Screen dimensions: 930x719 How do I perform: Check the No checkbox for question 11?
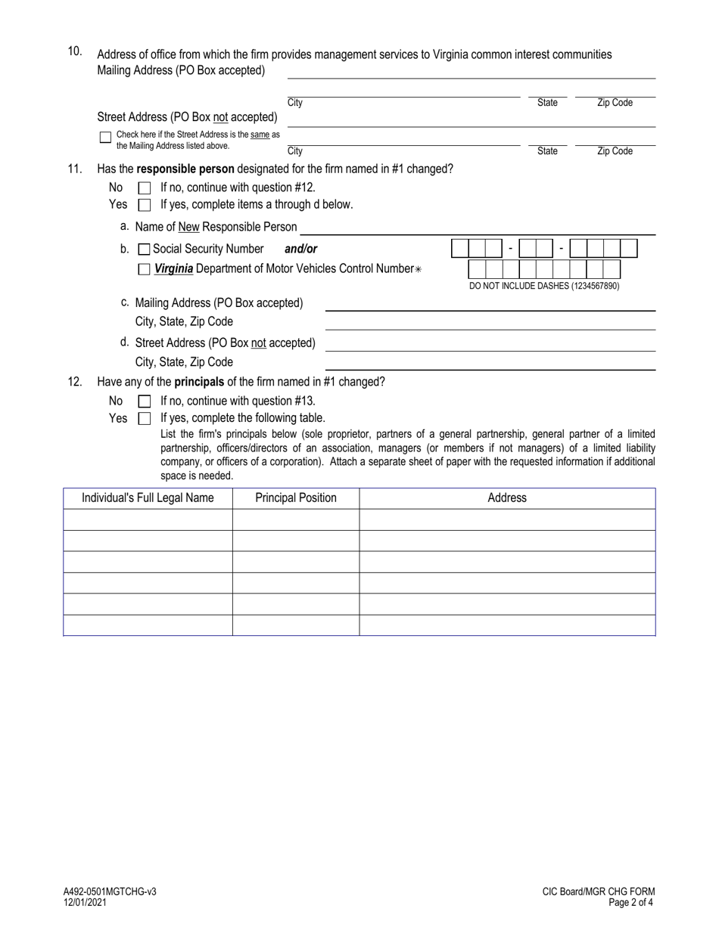(x=145, y=188)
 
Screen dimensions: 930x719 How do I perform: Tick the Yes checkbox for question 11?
(x=145, y=205)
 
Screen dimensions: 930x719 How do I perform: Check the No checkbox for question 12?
(x=145, y=401)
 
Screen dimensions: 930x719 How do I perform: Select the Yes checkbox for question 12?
(x=145, y=418)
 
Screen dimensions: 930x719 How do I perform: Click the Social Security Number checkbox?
(x=145, y=250)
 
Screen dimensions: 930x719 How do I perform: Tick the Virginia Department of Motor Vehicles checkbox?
(x=145, y=268)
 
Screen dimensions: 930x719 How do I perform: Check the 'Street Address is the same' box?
(x=106, y=138)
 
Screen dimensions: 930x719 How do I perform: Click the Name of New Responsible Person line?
(x=477, y=228)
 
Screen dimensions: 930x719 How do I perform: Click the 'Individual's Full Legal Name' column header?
(x=148, y=498)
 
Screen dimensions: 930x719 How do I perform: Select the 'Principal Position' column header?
(x=296, y=498)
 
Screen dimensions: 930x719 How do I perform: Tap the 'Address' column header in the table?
(x=506, y=498)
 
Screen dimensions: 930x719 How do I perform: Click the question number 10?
(x=75, y=51)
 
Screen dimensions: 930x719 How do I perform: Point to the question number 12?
(x=75, y=382)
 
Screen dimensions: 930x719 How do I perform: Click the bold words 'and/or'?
(x=301, y=249)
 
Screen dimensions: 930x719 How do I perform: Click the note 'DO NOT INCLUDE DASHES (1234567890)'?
(x=544, y=286)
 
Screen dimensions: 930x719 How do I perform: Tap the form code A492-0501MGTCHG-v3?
(x=110, y=892)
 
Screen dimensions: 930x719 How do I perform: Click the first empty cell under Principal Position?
(x=296, y=519)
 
